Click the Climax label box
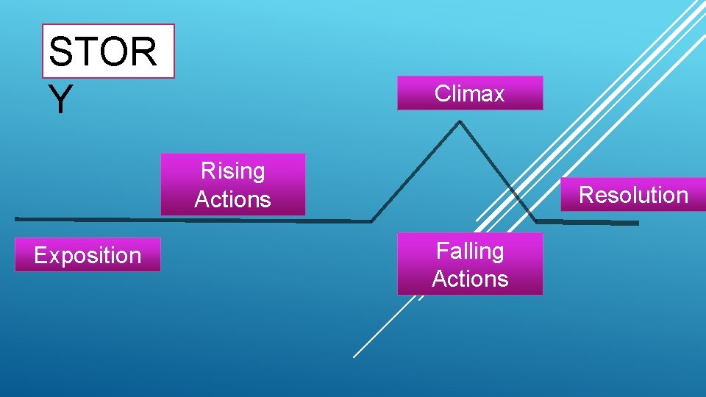(470, 93)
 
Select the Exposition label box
(88, 255)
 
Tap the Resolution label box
(633, 195)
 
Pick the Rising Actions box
(232, 185)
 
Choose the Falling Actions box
(470, 265)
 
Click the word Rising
(232, 171)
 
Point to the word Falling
(470, 251)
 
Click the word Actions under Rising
(232, 199)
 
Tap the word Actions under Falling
(470, 279)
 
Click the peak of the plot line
(460, 122)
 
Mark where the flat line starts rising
(372, 221)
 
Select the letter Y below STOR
(60, 100)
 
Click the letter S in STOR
(60, 52)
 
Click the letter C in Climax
(441, 94)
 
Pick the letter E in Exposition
(40, 256)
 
